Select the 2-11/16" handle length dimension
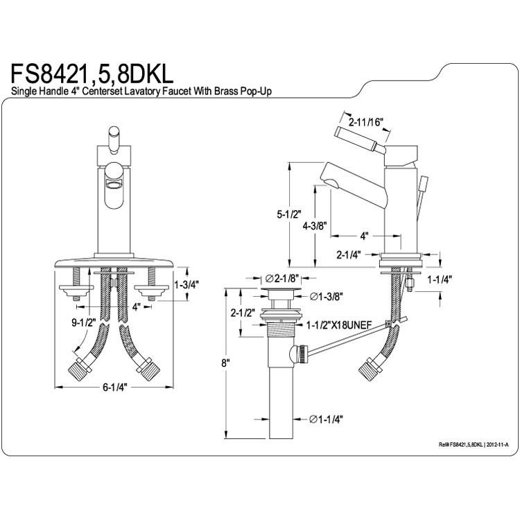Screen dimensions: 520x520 point(366,122)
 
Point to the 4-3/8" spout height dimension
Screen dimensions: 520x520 point(315,226)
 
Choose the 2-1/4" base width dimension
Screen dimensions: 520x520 point(349,254)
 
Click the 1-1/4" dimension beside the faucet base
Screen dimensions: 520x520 point(440,280)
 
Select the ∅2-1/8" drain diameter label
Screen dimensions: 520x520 point(282,277)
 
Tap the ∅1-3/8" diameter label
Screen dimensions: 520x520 point(327,296)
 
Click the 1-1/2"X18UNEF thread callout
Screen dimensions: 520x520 point(339,325)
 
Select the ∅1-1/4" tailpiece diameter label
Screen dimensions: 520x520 point(326,419)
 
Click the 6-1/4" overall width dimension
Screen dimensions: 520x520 point(114,387)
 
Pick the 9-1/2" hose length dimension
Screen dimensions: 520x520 point(84,322)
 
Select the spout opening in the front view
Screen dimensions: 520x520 point(114,185)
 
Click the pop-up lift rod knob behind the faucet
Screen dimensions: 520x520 point(424,184)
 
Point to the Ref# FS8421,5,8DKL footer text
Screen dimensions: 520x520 point(474,444)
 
